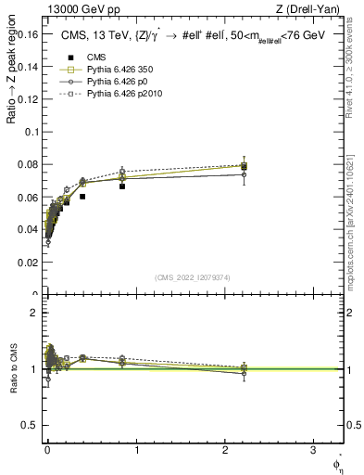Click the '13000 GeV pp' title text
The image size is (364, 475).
tap(82, 10)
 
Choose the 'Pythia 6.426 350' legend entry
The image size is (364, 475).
tap(103, 70)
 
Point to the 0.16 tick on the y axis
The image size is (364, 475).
tap(30, 33)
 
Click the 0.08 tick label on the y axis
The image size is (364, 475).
tap(30, 164)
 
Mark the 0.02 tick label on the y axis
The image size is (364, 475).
tap(30, 263)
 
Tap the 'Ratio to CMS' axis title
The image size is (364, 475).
tap(11, 370)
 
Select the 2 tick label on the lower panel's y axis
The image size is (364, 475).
tap(34, 313)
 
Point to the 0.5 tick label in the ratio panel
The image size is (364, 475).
tap(31, 426)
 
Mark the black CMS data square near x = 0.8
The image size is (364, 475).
tap(122, 186)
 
